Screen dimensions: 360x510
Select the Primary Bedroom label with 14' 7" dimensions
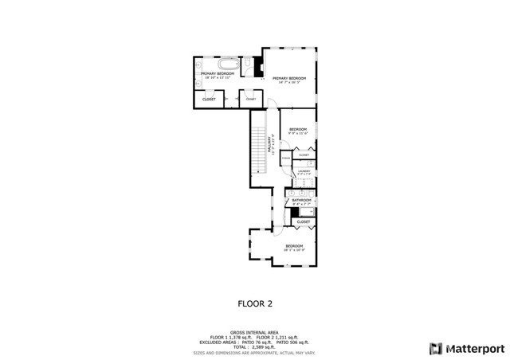click(x=290, y=80)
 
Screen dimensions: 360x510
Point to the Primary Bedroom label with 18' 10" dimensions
click(x=211, y=75)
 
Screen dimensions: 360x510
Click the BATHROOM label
click(x=300, y=201)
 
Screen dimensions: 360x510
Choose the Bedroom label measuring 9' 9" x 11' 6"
click(x=298, y=131)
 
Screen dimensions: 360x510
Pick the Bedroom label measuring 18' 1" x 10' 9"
click(x=296, y=248)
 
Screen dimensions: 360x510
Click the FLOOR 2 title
click(x=255, y=303)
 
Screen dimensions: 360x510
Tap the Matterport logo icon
click(x=434, y=348)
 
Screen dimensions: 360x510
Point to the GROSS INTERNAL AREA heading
click(x=255, y=333)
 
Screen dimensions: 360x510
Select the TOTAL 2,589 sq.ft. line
click(x=255, y=347)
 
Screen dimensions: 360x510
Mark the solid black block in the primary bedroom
click(x=259, y=66)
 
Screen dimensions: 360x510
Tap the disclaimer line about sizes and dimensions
click(x=255, y=352)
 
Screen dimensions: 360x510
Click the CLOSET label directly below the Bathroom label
click(x=303, y=221)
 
